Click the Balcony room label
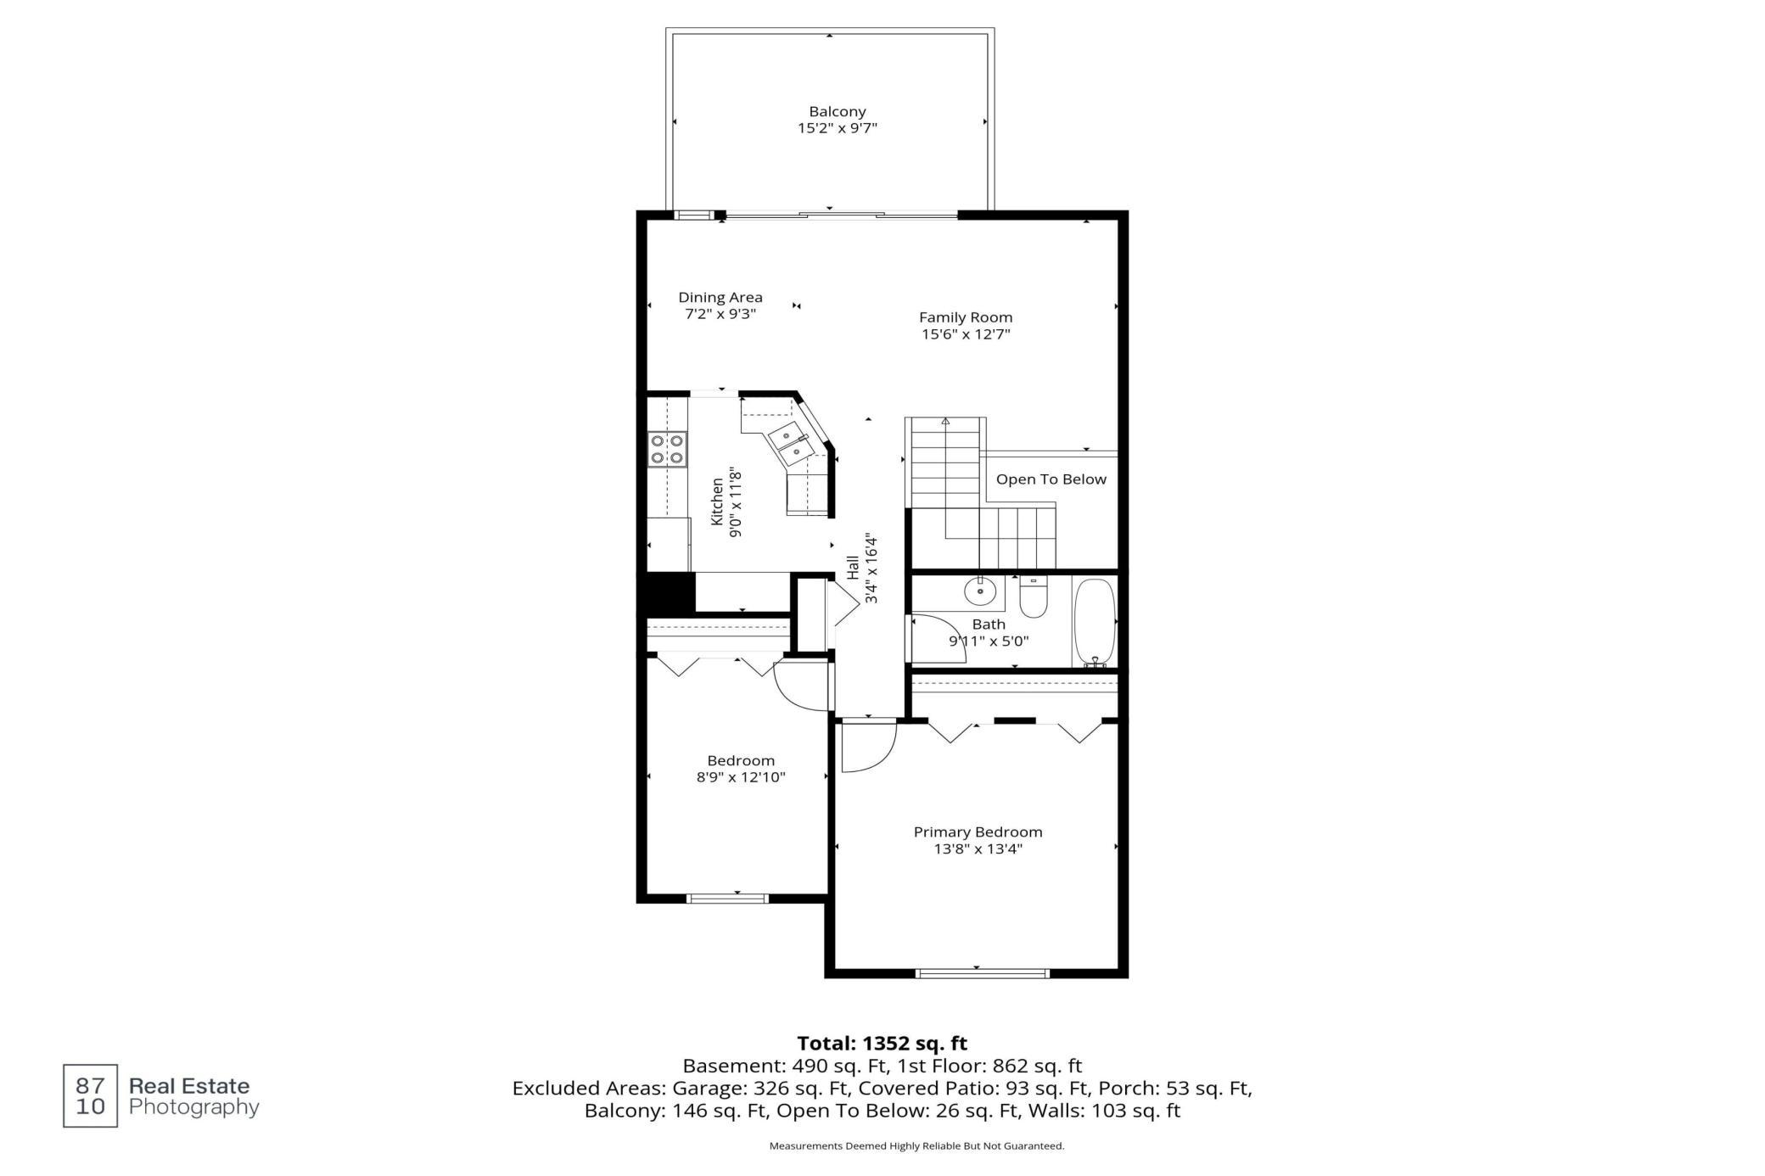click(x=837, y=111)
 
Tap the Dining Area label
click(x=720, y=297)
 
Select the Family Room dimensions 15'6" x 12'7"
click(x=966, y=334)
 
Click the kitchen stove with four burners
click(x=667, y=449)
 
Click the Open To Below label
click(x=1051, y=479)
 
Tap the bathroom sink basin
click(x=980, y=591)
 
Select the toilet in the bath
click(x=1034, y=596)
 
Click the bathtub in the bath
click(x=1095, y=623)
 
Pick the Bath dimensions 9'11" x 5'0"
click(x=989, y=641)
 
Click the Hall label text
click(x=853, y=568)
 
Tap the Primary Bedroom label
click(x=978, y=832)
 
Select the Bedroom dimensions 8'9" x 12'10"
click(x=741, y=777)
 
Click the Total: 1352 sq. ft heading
click(x=882, y=1043)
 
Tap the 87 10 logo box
click(x=91, y=1096)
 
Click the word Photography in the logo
click(x=193, y=1107)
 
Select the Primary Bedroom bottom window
click(x=983, y=973)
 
